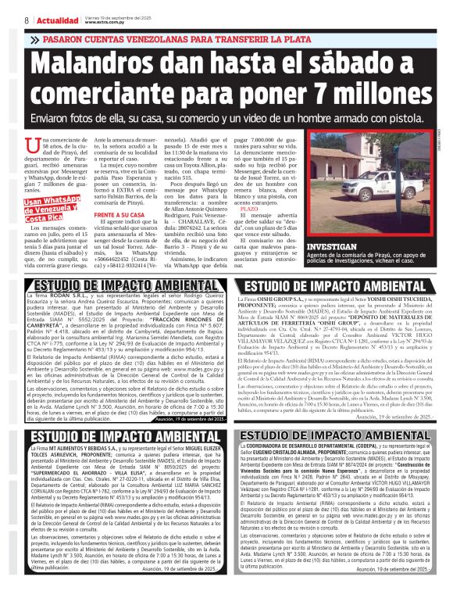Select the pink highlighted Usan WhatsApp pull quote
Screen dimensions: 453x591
52,210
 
